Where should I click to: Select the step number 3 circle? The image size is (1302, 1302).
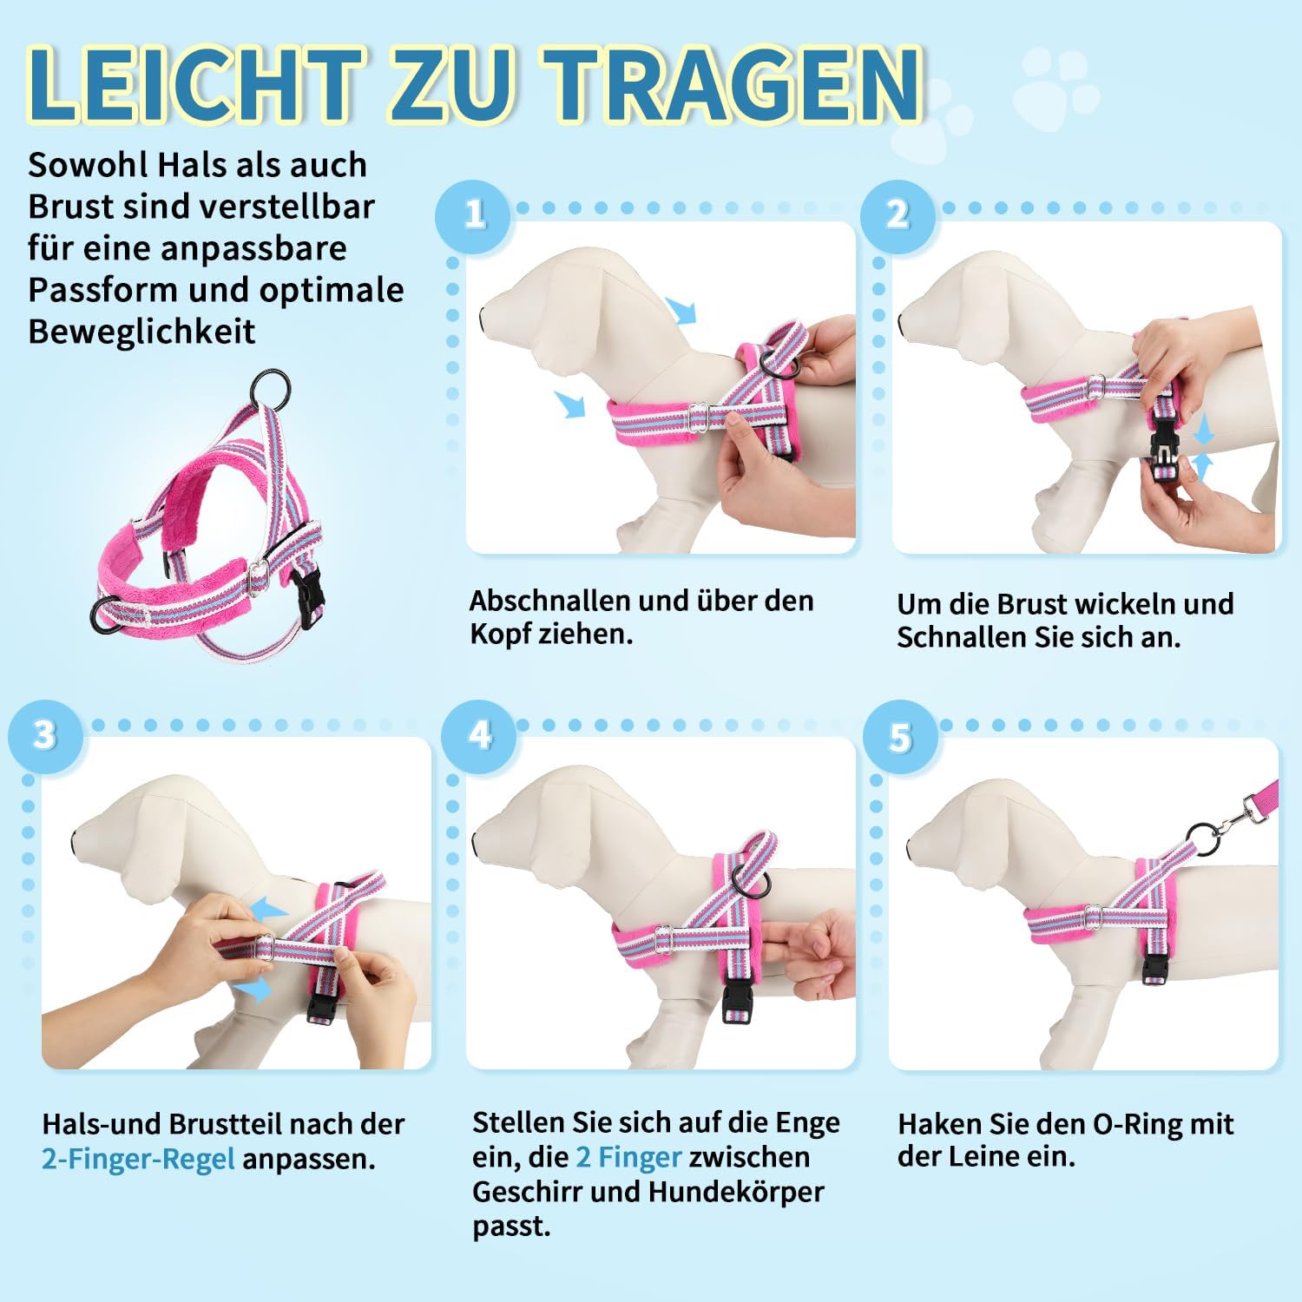coord(45,736)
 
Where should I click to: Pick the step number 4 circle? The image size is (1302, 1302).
coord(478,736)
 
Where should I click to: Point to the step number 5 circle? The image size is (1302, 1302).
coord(900,738)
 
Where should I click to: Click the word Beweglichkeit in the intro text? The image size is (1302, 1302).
coord(141,332)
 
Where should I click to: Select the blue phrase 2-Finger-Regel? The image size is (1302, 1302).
coord(138,1160)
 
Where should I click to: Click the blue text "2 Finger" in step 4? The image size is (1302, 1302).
coord(628,1157)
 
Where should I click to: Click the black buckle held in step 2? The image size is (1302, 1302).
coord(1162,454)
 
